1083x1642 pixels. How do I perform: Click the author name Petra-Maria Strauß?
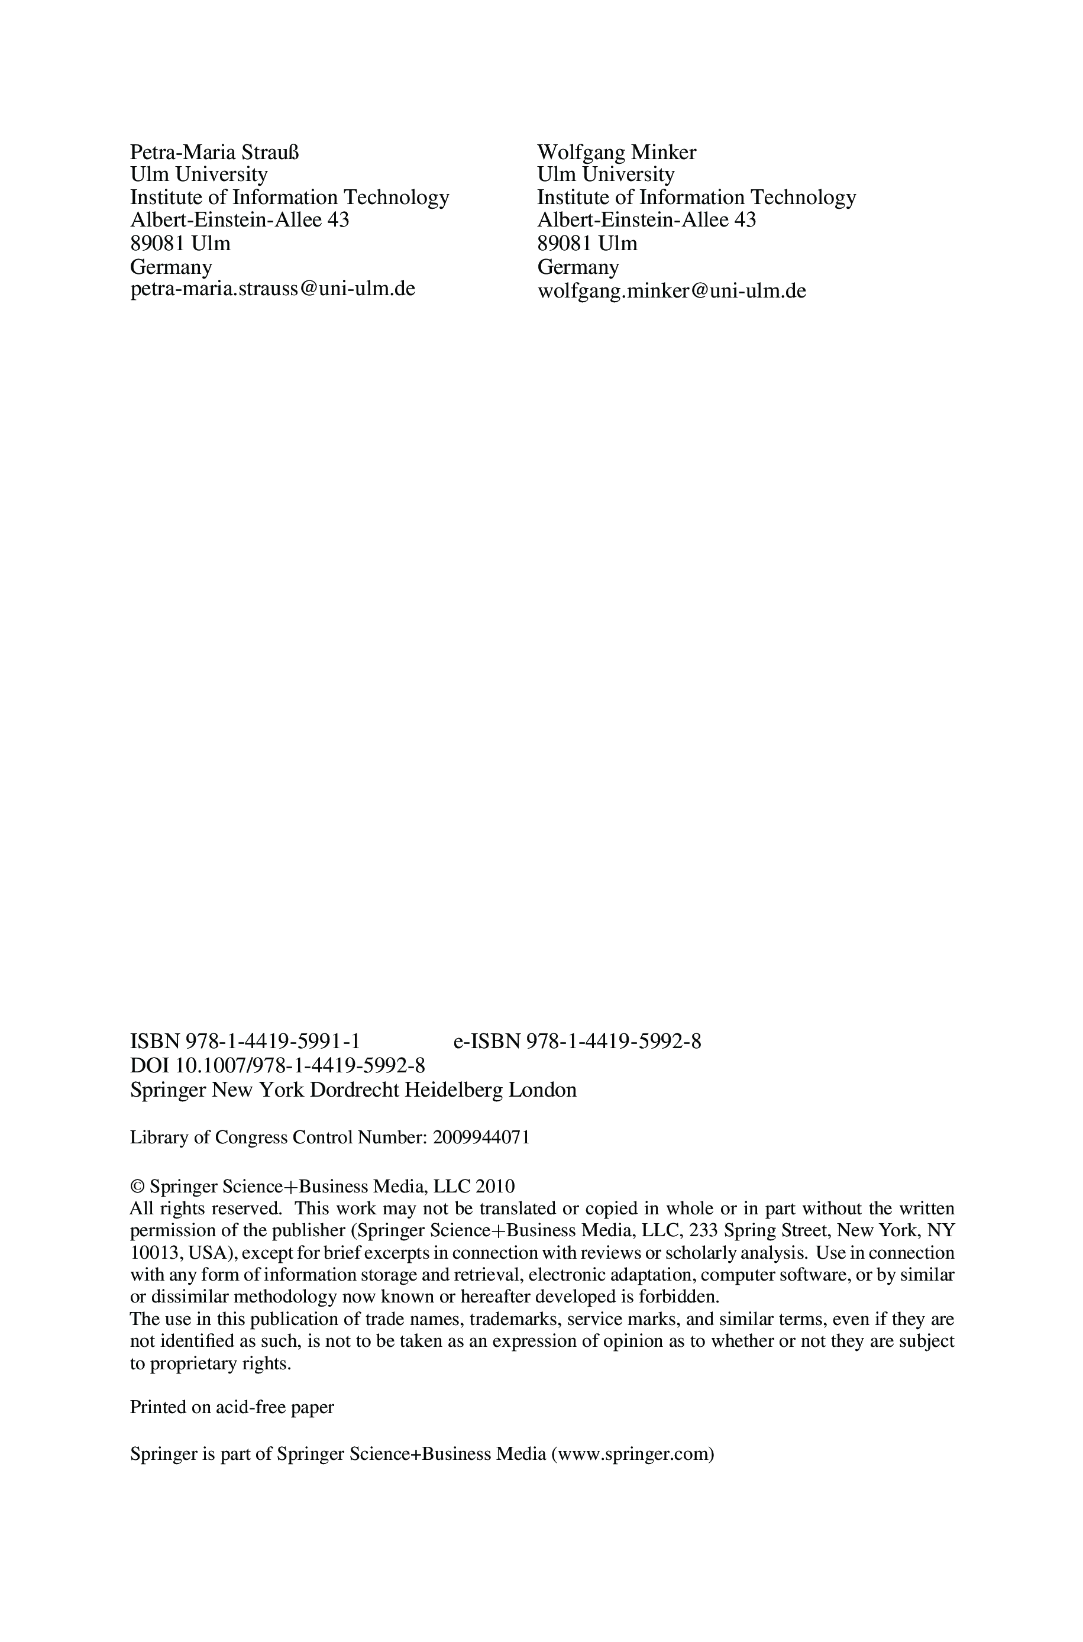coord(215,152)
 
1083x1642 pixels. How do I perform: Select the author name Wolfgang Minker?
coord(617,152)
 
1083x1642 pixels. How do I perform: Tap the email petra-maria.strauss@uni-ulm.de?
coord(273,289)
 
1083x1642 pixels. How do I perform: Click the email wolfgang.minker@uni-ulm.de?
coord(671,290)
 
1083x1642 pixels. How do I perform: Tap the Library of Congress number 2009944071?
coord(481,1137)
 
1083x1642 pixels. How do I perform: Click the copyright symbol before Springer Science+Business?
coord(137,1187)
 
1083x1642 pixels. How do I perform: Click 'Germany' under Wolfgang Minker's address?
coord(578,267)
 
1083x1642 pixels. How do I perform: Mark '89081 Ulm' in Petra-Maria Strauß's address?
coord(180,243)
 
